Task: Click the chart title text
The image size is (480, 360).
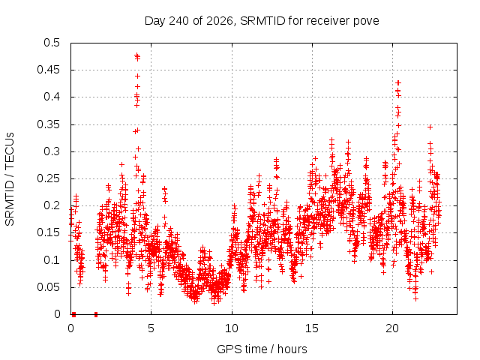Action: point(262,21)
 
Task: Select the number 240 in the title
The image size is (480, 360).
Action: point(179,21)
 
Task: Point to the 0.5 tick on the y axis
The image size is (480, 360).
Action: point(52,43)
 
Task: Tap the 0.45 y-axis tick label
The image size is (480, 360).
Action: point(48,70)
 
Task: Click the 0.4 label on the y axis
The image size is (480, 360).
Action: point(52,97)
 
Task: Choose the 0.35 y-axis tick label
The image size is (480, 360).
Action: point(48,124)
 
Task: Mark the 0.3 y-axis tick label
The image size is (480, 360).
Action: point(52,151)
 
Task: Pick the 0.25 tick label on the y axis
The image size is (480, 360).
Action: point(48,178)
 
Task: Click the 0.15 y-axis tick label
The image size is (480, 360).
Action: point(48,232)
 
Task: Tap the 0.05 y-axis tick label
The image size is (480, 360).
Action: point(48,287)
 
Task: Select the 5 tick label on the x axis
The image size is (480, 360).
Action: point(151,328)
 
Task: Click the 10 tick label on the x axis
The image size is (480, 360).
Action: point(232,328)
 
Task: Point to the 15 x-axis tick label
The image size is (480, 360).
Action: point(312,328)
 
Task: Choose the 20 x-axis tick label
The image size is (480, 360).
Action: point(392,328)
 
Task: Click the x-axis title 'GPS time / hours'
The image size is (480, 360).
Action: point(262,349)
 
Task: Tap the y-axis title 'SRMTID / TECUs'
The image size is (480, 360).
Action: point(10,179)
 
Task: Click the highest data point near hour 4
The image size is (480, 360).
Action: point(136,55)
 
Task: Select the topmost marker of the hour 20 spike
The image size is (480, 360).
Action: point(398,82)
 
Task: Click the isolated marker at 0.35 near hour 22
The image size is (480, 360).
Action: point(430,127)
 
